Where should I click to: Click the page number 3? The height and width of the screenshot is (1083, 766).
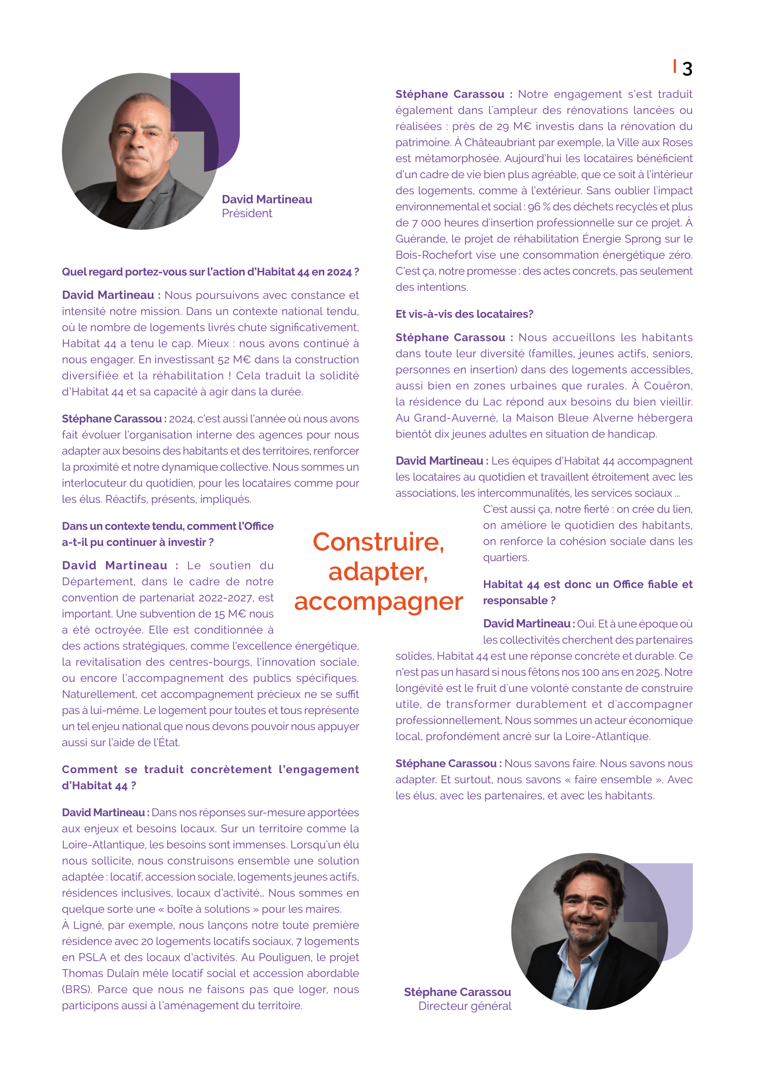(687, 69)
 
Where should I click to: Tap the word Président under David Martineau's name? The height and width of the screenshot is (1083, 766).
(247, 213)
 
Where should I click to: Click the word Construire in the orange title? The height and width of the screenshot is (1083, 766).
(378, 542)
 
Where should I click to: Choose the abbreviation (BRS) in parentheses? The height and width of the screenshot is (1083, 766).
(77, 989)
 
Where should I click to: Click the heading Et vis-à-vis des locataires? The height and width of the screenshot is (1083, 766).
(464, 314)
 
